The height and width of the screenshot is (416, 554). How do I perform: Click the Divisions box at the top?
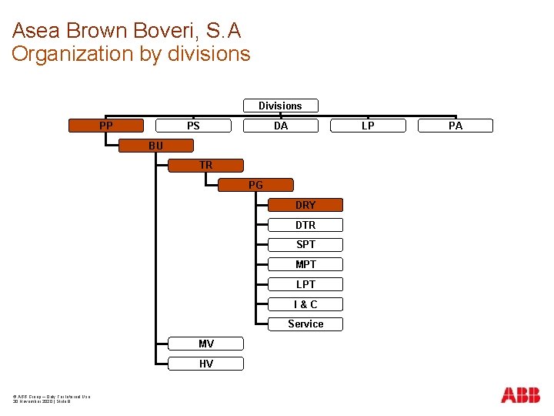click(x=280, y=106)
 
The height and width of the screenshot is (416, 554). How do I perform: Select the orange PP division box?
click(x=106, y=126)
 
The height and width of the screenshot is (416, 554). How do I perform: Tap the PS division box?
click(x=193, y=126)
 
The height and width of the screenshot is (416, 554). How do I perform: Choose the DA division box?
click(x=281, y=126)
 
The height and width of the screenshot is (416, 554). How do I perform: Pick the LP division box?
click(x=368, y=126)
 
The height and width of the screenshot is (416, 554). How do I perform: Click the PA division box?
click(x=456, y=126)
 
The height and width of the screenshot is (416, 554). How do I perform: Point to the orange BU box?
click(x=156, y=146)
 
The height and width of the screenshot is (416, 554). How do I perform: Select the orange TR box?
click(x=205, y=165)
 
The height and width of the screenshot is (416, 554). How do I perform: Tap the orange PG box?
click(x=255, y=185)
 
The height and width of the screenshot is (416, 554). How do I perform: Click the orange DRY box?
click(x=305, y=205)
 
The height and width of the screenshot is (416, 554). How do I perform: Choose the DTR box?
click(x=305, y=225)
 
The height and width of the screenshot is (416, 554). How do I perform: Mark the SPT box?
click(x=305, y=244)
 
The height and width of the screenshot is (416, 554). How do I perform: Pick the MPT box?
click(x=305, y=264)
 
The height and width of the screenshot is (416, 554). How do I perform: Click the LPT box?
click(x=305, y=284)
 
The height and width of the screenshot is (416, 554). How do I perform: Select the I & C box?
click(x=305, y=304)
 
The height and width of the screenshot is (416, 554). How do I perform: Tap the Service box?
click(x=305, y=324)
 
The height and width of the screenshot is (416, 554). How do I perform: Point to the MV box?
click(x=205, y=344)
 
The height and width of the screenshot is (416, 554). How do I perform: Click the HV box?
click(x=205, y=364)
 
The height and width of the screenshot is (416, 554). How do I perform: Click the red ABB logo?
click(x=520, y=395)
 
